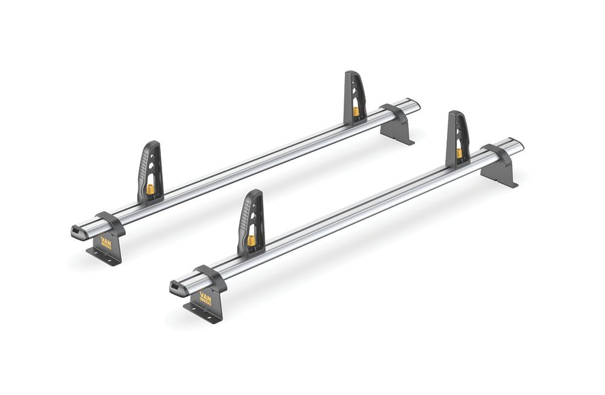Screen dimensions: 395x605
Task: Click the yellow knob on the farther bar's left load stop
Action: tap(149, 190)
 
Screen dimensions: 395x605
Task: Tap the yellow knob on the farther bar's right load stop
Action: tap(356, 111)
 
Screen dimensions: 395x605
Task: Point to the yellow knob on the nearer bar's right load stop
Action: tap(460, 153)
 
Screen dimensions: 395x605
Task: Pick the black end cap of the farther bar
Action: tap(77, 231)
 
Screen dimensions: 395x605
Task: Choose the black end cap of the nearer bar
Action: tap(177, 287)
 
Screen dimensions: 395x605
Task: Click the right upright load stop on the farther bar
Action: tap(355, 97)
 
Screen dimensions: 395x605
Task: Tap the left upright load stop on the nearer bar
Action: tap(251, 220)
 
